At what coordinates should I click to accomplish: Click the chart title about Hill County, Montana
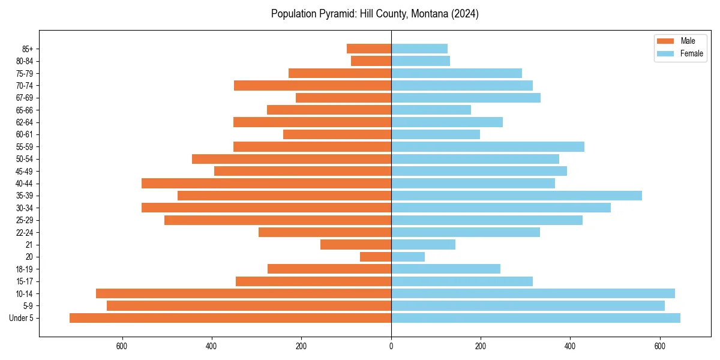[x=374, y=14]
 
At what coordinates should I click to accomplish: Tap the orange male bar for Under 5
[x=230, y=318]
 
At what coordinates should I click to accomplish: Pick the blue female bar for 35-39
[x=516, y=196]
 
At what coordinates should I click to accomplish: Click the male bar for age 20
[x=376, y=257]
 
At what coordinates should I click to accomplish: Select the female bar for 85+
[x=419, y=49]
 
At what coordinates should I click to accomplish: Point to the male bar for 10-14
[x=244, y=293]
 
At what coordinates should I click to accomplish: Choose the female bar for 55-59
[x=487, y=146]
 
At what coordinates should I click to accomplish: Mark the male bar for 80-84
[x=371, y=61]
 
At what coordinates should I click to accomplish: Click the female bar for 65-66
[x=431, y=110]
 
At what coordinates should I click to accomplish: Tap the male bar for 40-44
[x=266, y=183]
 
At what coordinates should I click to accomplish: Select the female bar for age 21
[x=423, y=244]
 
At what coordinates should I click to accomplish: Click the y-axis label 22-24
[x=25, y=232]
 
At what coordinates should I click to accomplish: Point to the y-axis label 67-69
[x=25, y=98]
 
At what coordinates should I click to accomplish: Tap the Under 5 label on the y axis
[x=22, y=318]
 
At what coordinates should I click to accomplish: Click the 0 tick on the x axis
[x=391, y=346]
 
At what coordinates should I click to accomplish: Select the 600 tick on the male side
[x=122, y=346]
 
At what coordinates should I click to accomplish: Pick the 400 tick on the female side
[x=570, y=346]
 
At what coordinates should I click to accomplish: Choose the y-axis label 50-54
[x=25, y=159]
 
